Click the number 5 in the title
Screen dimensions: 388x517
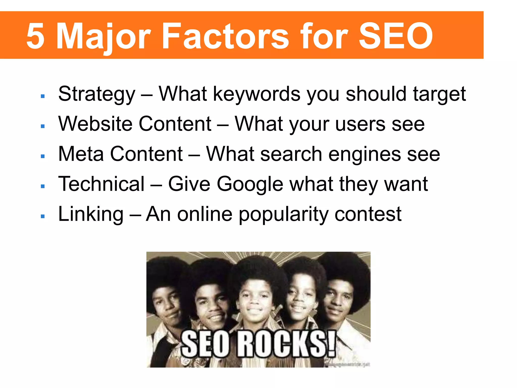pos(36,36)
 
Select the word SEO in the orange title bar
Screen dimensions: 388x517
pos(396,36)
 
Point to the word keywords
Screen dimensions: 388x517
pos(256,94)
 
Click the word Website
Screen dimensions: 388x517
pos(95,124)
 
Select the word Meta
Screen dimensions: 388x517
pos(81,154)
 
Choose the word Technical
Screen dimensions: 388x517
pos(101,184)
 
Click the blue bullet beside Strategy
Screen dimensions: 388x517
pos(43,96)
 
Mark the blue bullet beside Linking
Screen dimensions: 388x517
pos(43,216)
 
